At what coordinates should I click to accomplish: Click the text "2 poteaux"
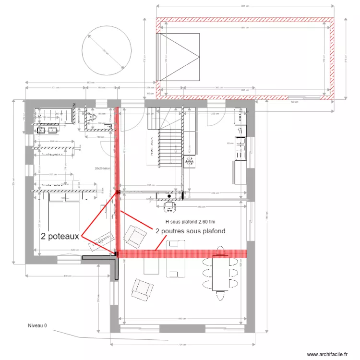pos(60,236)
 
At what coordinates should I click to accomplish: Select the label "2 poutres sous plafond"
pos(191,231)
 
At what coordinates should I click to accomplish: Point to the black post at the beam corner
pos(116,253)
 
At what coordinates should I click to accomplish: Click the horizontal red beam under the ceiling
pos(182,253)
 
